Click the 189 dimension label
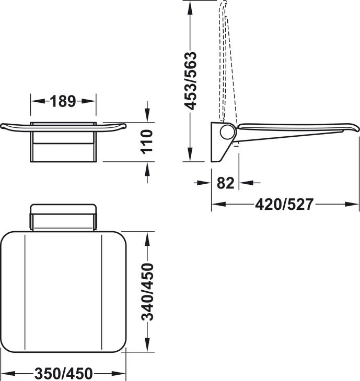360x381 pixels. pyautogui.click(x=63, y=101)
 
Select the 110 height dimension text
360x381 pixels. pyautogui.click(x=147, y=142)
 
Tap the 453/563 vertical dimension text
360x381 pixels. pyautogui.click(x=190, y=81)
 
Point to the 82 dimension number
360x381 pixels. pyautogui.click(x=226, y=183)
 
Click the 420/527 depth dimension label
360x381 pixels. pyautogui.click(x=284, y=204)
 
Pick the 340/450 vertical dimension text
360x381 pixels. pyautogui.click(x=147, y=292)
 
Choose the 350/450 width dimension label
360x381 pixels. pyautogui.click(x=64, y=373)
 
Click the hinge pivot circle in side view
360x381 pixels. pyautogui.click(x=228, y=132)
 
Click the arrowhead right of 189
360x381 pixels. pyautogui.click(x=88, y=101)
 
